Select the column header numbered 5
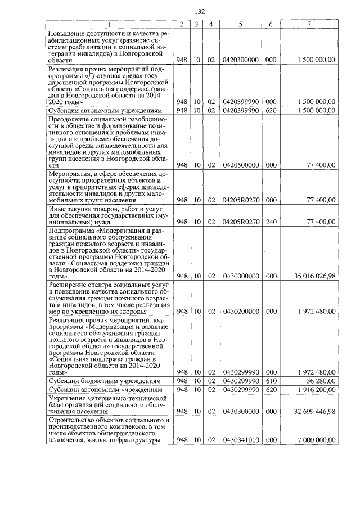240,24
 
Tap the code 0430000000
241,276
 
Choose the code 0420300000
241,59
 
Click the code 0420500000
241,165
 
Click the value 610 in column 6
271,380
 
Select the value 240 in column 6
271,222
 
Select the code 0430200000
241,311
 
